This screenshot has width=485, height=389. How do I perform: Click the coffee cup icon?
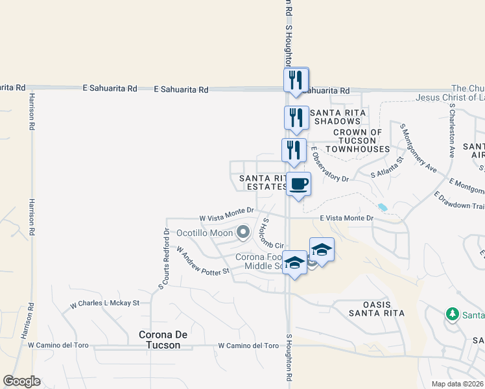298,184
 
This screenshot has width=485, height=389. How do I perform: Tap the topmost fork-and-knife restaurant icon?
296,80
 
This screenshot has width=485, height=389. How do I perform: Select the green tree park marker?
453,314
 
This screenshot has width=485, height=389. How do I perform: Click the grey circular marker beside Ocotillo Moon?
243,231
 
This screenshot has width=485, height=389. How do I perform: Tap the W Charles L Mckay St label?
105,303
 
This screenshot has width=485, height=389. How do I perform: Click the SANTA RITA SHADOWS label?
338,118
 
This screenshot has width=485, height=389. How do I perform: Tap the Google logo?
21,381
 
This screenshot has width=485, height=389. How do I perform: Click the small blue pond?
383,207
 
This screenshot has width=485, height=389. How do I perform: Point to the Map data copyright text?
458,384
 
